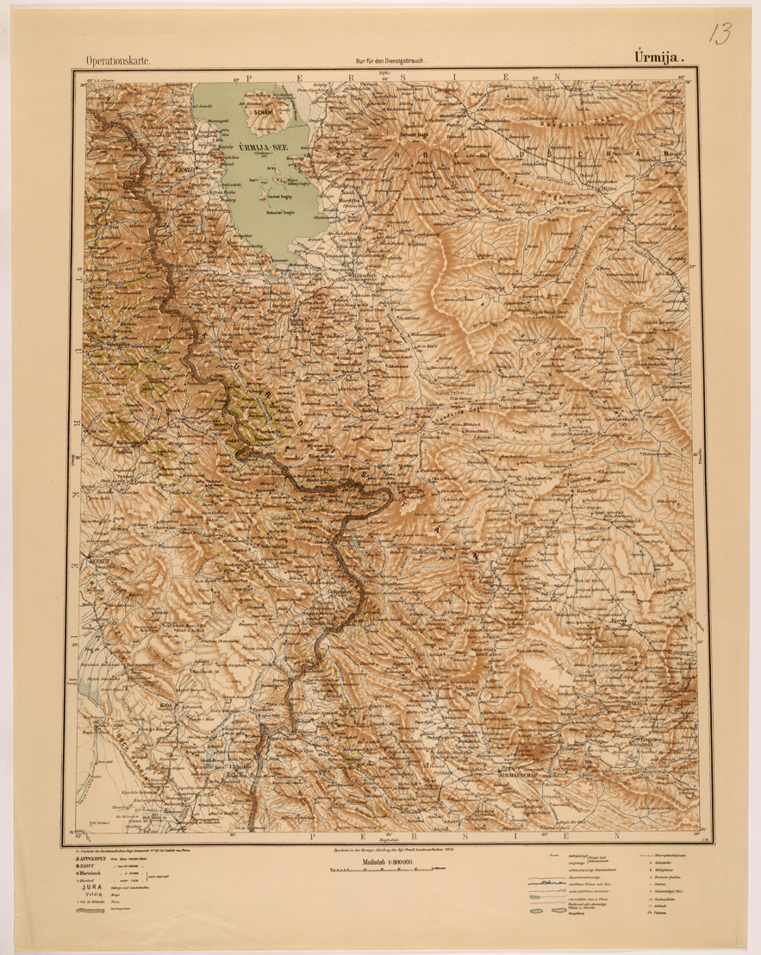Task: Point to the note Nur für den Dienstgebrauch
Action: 390,61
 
